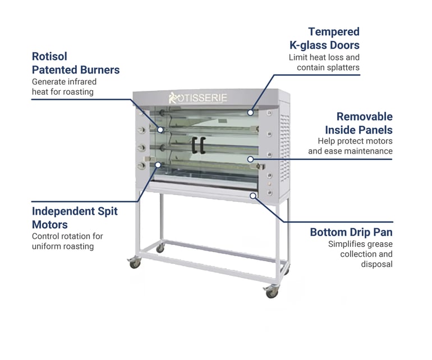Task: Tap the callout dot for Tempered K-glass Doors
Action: [x=251, y=112]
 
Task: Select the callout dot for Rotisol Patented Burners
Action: [x=160, y=129]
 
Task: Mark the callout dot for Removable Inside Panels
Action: [x=251, y=159]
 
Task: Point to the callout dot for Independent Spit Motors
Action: [x=159, y=165]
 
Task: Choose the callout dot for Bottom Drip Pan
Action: [x=253, y=196]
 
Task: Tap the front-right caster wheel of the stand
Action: [x=271, y=292]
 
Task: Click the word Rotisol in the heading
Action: [x=50, y=57]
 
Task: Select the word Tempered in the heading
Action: [x=334, y=32]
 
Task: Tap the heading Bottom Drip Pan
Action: [x=351, y=232]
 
